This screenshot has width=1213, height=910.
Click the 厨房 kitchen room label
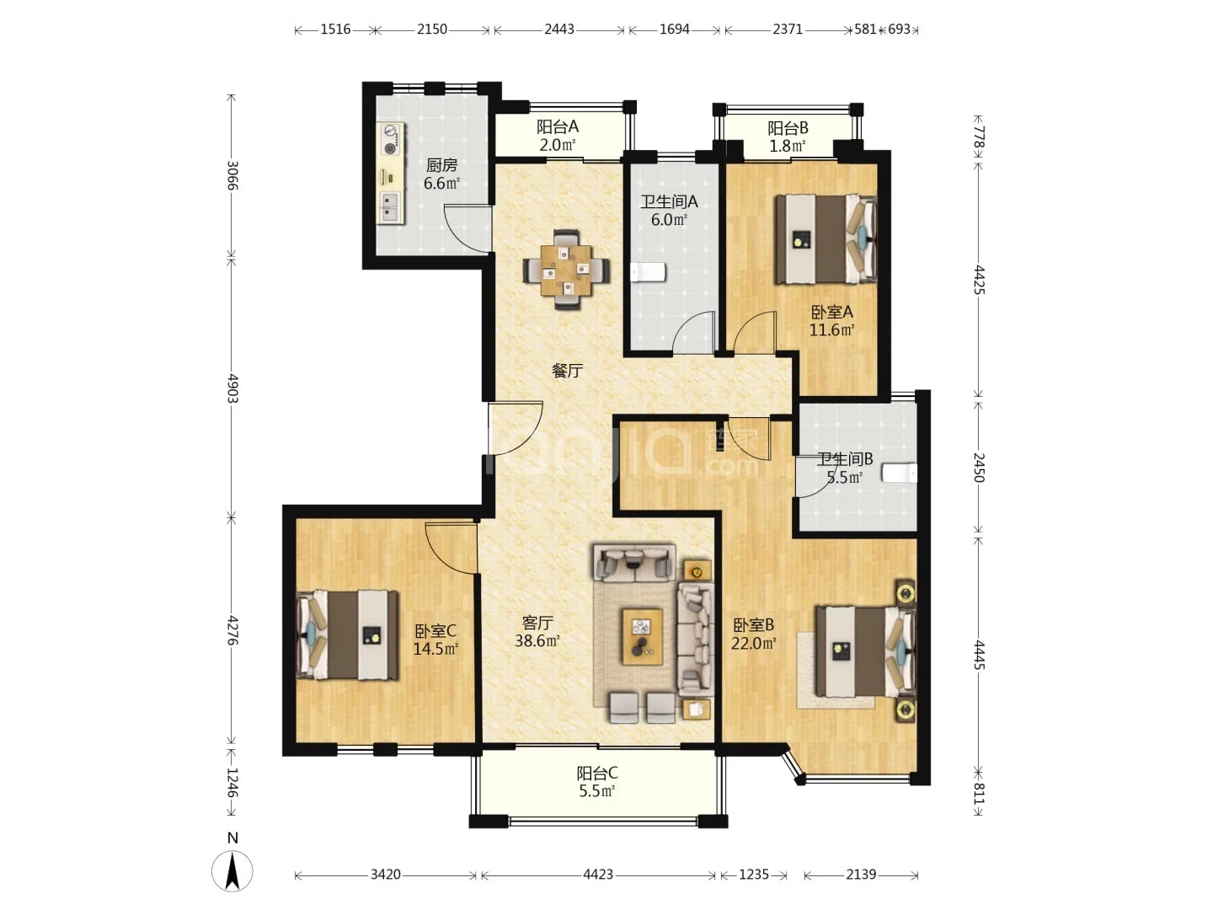click(x=441, y=174)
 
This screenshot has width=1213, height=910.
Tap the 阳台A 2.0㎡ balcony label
click(x=557, y=136)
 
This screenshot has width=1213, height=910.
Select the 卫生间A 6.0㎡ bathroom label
click(x=669, y=211)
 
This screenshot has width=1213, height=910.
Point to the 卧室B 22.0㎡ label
click(x=753, y=634)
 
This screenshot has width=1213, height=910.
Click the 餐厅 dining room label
click(x=567, y=370)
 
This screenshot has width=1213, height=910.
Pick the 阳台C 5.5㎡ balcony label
click(x=597, y=782)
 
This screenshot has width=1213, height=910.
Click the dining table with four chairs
click(x=566, y=270)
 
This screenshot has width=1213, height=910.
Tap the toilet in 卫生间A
click(x=648, y=272)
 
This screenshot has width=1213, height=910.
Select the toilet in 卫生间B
click(x=900, y=474)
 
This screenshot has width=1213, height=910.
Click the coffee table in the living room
click(x=642, y=636)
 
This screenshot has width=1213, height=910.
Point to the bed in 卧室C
click(x=347, y=634)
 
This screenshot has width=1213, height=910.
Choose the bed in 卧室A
click(x=826, y=239)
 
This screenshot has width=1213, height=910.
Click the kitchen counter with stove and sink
click(x=390, y=173)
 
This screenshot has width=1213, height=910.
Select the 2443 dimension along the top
click(x=559, y=29)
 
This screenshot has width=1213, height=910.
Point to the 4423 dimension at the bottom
click(x=598, y=875)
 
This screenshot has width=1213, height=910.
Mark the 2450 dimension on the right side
click(x=978, y=468)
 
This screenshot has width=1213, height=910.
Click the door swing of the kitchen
click(x=468, y=228)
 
